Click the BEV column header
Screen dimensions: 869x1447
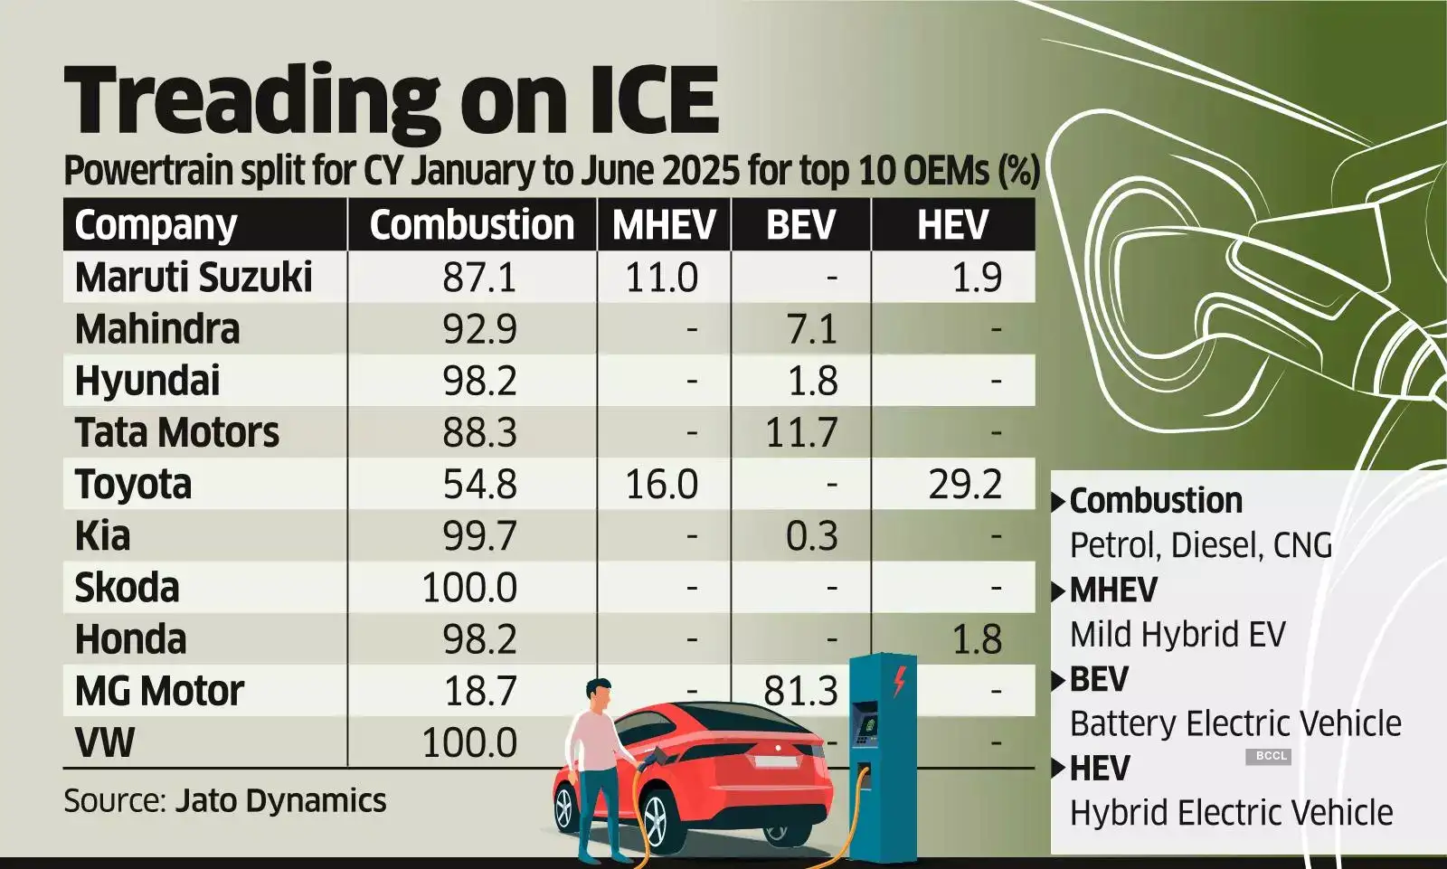(x=800, y=225)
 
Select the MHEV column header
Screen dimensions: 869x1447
(x=664, y=225)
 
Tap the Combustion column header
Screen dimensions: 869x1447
(x=471, y=225)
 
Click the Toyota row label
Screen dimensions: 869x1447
(x=133, y=485)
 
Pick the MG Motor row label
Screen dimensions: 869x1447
(x=159, y=692)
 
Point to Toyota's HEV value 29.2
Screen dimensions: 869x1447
(x=965, y=485)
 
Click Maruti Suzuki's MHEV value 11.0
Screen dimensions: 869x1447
(x=661, y=278)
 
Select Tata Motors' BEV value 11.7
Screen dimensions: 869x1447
(x=801, y=433)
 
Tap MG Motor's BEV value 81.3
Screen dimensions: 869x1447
(x=801, y=692)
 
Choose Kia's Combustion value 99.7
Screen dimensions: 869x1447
(x=479, y=536)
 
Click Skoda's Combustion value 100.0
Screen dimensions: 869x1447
(x=469, y=588)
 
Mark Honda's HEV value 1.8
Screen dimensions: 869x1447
(x=977, y=640)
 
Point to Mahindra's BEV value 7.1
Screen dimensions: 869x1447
(x=812, y=329)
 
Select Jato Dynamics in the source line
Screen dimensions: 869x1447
(x=280, y=801)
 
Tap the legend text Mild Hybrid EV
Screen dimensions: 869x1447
(x=1177, y=635)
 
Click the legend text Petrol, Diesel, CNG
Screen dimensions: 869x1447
(x=1200, y=545)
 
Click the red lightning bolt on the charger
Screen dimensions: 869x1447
(x=899, y=681)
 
